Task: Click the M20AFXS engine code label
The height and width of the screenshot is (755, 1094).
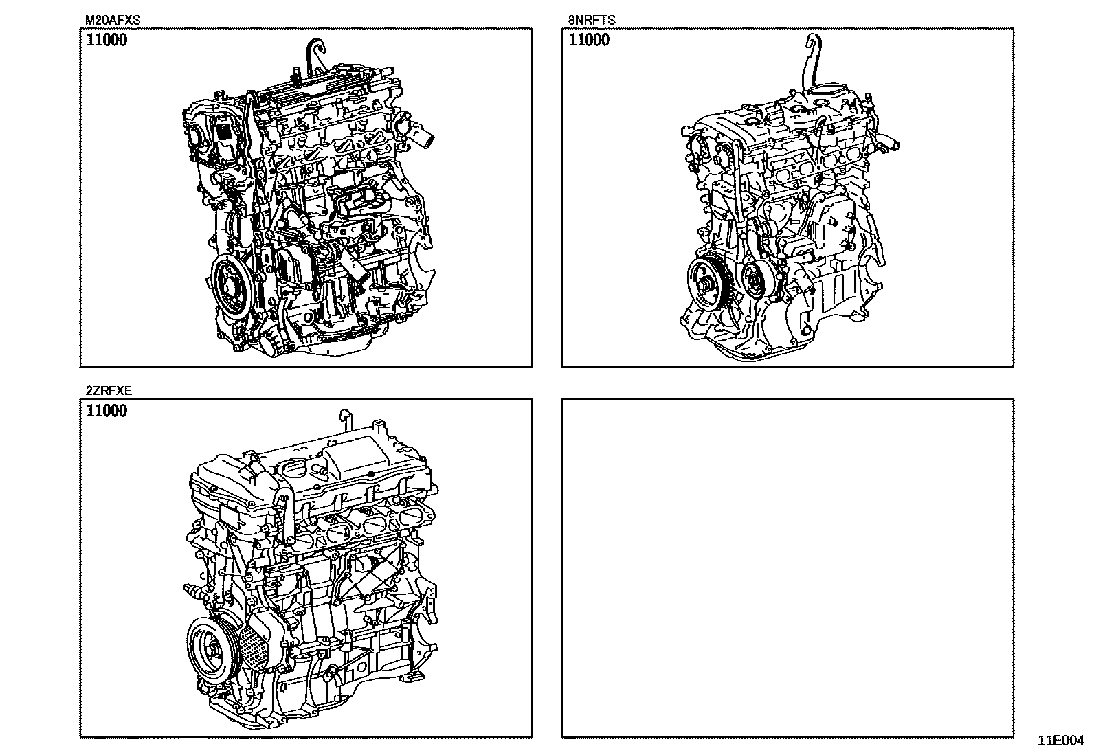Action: coord(113,20)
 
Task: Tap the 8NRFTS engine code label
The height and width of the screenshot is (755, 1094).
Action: coord(592,20)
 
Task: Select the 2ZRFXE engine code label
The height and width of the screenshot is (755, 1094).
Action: coord(109,391)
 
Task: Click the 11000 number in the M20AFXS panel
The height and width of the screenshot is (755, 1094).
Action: coord(107,40)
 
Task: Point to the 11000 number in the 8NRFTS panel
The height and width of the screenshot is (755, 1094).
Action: coord(589,40)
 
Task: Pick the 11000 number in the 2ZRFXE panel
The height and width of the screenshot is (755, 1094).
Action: coord(107,411)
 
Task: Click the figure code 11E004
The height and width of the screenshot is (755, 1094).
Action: coord(1061,741)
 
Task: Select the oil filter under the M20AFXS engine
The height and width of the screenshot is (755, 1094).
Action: coord(273,343)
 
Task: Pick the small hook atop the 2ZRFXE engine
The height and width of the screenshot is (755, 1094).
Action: coord(346,419)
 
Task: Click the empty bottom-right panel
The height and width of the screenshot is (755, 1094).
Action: coord(788,568)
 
